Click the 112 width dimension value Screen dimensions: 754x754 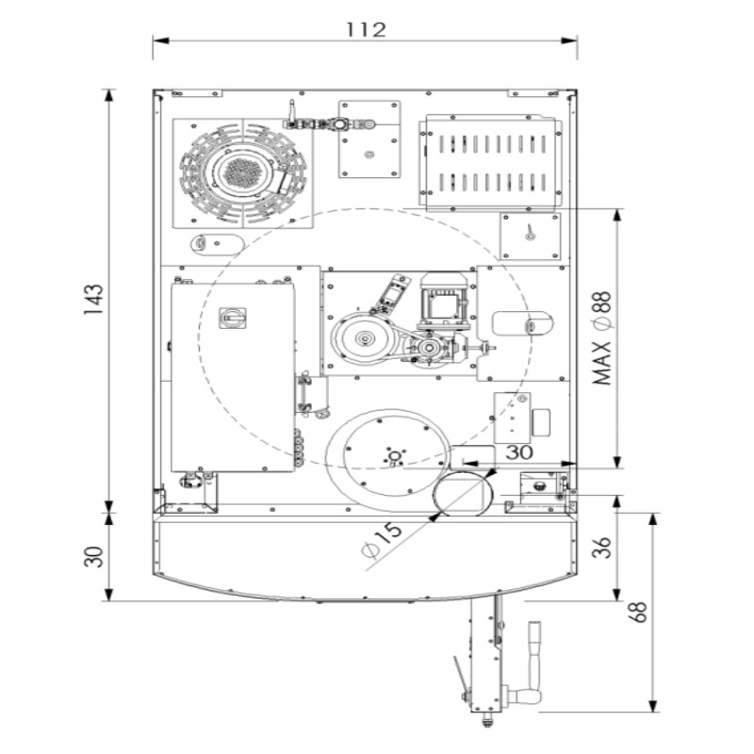(366, 30)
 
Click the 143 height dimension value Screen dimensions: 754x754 (93, 300)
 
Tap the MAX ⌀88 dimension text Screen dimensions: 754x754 (603, 338)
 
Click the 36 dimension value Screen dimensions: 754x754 (601, 548)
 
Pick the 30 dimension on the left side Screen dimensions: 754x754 (93, 557)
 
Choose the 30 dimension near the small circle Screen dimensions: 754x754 (519, 452)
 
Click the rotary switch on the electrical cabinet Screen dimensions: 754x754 (233, 318)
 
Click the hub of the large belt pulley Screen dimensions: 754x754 (364, 339)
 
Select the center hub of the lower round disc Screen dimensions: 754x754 (394, 456)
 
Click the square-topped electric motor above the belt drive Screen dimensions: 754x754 (444, 302)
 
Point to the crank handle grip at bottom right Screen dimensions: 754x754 (534, 649)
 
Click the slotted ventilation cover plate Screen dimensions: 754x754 (491, 162)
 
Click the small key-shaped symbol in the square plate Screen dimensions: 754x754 (530, 232)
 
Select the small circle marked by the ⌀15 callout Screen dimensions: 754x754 (459, 494)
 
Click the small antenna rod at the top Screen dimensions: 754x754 (291, 110)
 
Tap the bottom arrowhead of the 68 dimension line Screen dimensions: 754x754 (652, 705)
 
